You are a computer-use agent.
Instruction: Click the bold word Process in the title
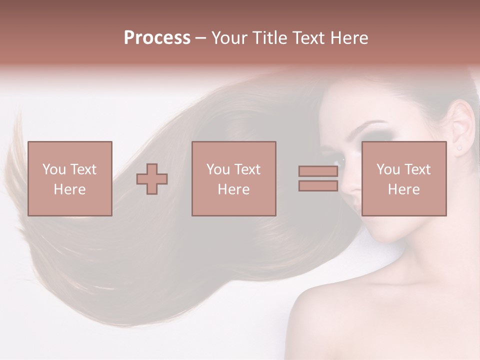click(x=157, y=38)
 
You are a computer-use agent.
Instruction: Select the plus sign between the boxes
click(x=152, y=179)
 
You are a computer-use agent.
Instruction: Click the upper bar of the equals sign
click(x=318, y=171)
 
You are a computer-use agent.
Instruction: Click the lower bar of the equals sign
click(x=318, y=185)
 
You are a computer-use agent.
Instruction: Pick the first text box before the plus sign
click(x=70, y=178)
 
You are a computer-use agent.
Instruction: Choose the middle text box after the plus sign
click(x=233, y=178)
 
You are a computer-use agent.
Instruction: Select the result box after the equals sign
click(x=403, y=178)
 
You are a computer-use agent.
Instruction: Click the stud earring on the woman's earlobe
click(x=459, y=147)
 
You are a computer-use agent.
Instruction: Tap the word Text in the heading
click(x=308, y=38)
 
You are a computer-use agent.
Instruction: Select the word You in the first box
click(x=54, y=169)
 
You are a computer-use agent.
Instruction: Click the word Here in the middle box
click(x=233, y=189)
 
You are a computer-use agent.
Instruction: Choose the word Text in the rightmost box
click(x=417, y=169)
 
